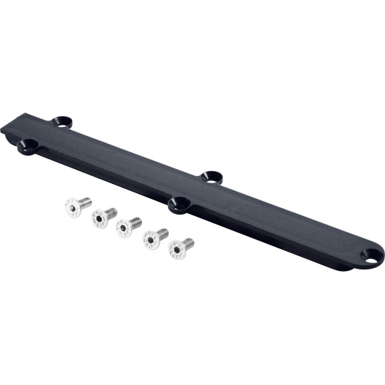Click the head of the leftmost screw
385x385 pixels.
coord(72,207)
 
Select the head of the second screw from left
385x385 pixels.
coord(99,220)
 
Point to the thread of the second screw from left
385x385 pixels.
coord(111,212)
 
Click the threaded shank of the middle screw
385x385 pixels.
coord(135,222)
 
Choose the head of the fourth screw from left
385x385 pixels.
coord(150,240)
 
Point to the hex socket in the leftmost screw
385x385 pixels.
coord(71,207)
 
